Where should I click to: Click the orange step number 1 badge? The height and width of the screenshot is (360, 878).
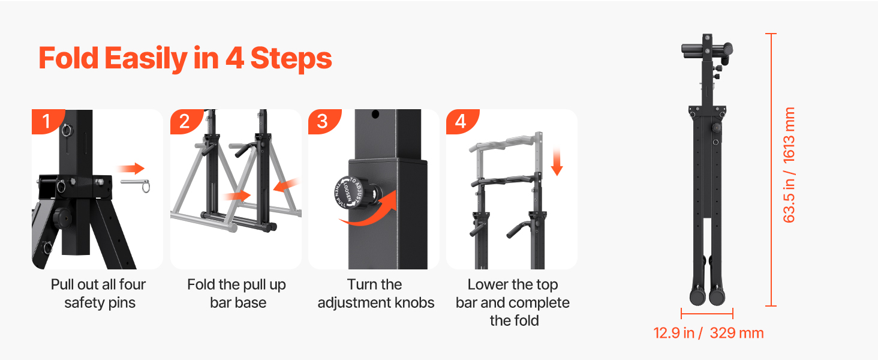coord(47,121)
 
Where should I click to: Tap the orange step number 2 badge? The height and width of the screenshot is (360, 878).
coord(185,121)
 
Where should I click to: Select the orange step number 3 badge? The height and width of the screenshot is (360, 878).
coord(323,121)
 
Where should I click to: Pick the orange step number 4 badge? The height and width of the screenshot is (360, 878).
coord(461,121)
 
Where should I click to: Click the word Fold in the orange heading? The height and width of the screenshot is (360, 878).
coord(68,58)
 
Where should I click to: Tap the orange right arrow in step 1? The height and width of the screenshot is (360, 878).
coord(131,169)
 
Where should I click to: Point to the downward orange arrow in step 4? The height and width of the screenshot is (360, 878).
coord(557,161)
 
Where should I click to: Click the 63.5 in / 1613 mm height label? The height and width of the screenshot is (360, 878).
coord(789,165)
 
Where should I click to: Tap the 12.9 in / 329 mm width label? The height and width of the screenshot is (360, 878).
coord(709,333)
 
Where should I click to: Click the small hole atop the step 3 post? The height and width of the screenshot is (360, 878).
coord(375,115)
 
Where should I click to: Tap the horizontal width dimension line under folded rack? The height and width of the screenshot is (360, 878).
coord(707,314)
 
